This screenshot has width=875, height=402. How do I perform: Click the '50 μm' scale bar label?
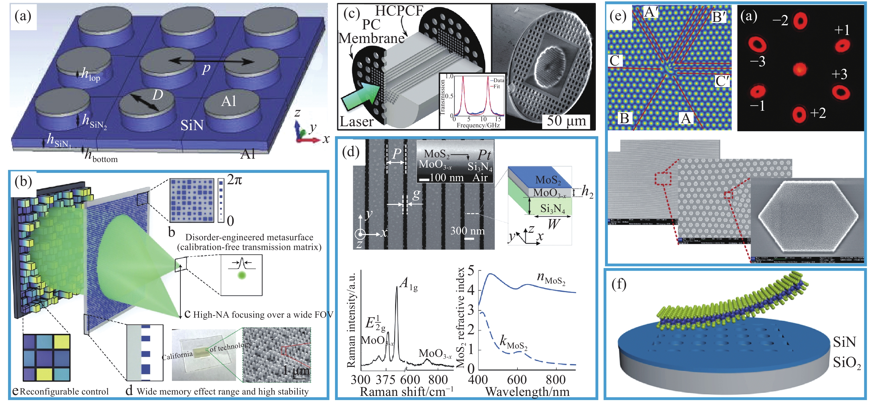[x=566, y=121]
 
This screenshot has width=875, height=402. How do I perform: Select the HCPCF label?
[x=399, y=11]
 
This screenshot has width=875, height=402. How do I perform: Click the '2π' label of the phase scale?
[x=234, y=180]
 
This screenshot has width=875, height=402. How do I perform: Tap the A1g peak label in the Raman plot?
[x=409, y=284]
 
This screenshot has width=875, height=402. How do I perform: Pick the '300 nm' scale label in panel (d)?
[x=467, y=231]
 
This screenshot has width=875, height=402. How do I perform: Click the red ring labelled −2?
[x=800, y=21]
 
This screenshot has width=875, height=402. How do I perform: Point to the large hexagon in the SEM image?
[x=808, y=216]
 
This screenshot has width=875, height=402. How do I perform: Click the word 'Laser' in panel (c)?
[x=356, y=122]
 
